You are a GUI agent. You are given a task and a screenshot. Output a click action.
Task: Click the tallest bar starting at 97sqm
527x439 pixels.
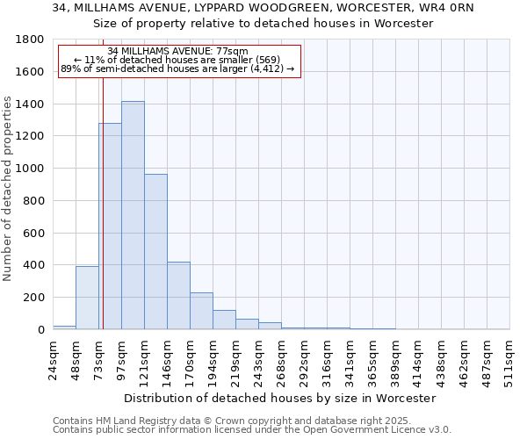[x=133, y=215]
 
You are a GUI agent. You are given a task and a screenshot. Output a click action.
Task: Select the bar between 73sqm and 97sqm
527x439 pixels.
[x=110, y=227]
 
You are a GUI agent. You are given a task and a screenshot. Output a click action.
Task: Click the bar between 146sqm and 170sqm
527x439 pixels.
[x=178, y=296]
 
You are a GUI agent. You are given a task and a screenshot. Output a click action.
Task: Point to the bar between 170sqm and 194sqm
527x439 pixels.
[x=201, y=311]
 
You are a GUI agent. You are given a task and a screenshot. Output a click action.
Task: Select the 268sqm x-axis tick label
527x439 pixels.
[x=281, y=357]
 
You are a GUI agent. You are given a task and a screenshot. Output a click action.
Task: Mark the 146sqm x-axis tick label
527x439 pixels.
[x=167, y=357]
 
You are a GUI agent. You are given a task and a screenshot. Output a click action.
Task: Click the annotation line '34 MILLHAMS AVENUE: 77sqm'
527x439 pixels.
[x=178, y=51]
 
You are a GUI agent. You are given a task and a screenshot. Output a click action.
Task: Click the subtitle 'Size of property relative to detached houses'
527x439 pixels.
[x=263, y=24]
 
